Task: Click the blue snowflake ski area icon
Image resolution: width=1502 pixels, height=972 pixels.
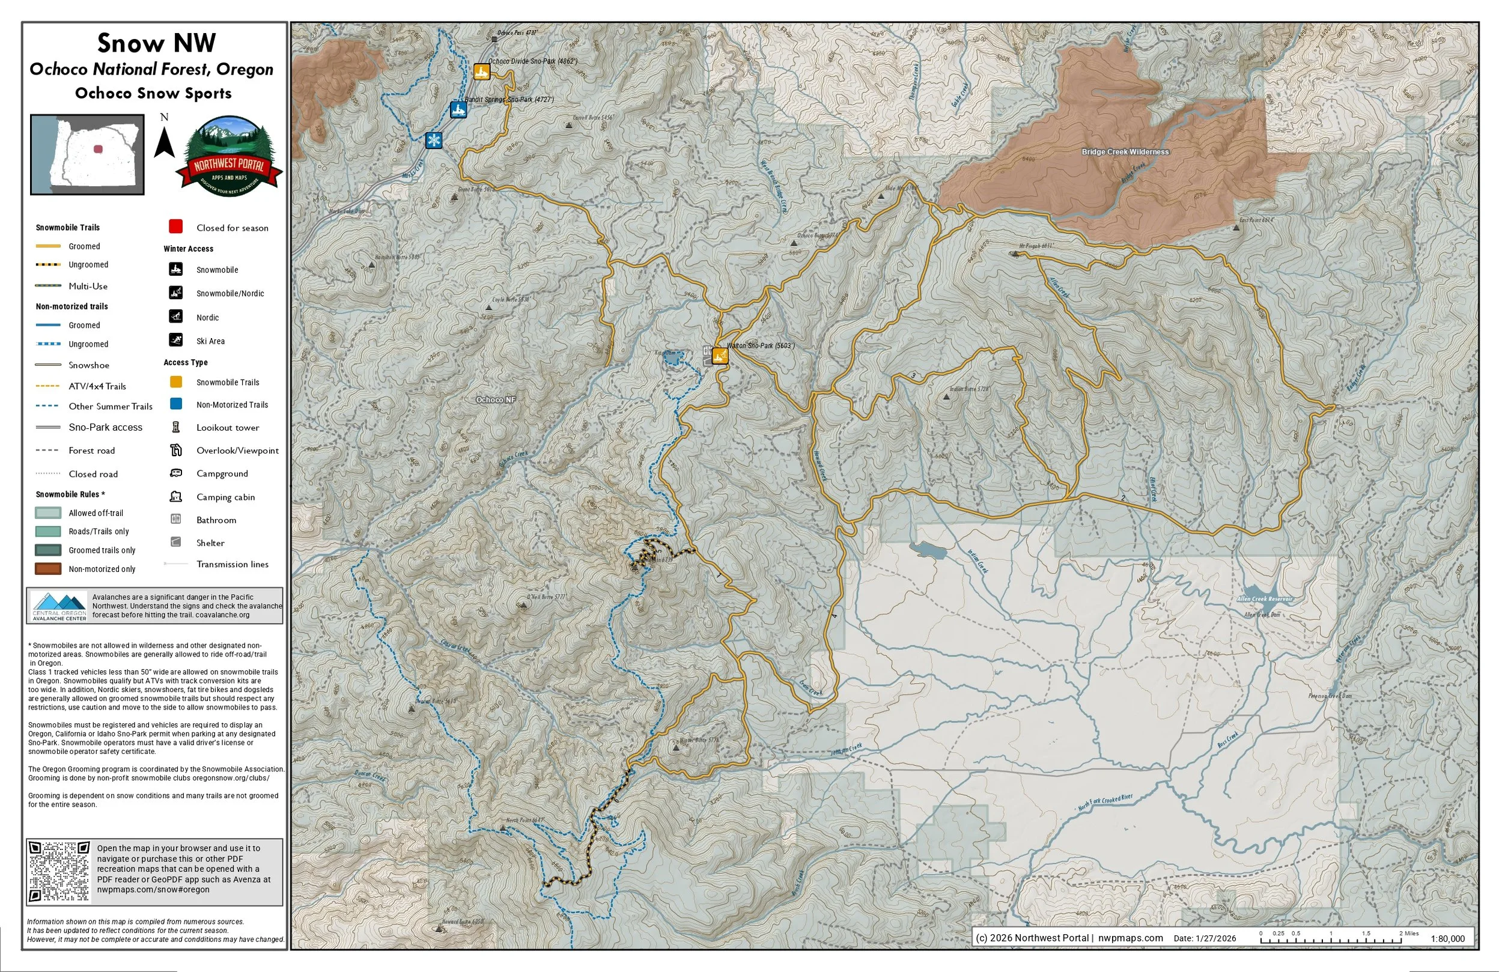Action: click(x=434, y=140)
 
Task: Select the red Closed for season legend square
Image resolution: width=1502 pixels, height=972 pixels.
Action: click(x=176, y=226)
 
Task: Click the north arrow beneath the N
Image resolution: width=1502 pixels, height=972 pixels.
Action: click(x=165, y=142)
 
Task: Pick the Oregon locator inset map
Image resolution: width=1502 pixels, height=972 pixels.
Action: click(x=88, y=154)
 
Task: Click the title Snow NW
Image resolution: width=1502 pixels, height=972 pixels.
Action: click(x=157, y=43)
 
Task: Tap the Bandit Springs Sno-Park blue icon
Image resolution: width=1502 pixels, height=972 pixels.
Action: click(x=459, y=110)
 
